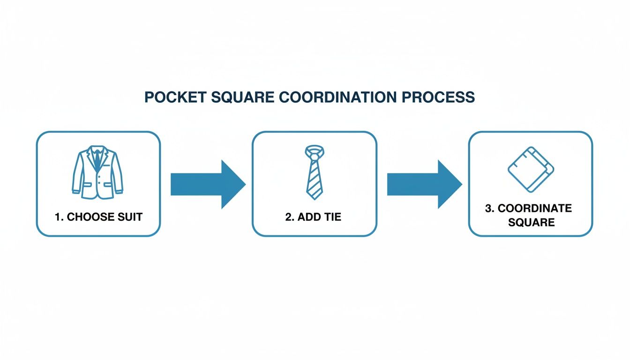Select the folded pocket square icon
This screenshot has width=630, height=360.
pos(531,169)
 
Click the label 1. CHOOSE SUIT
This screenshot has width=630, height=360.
pos(98,217)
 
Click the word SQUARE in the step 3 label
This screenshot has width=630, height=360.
pos(531,222)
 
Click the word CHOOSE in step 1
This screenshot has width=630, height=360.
pos(90,217)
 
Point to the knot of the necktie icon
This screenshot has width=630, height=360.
pos(315,152)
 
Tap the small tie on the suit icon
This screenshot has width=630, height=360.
pos(97,159)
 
